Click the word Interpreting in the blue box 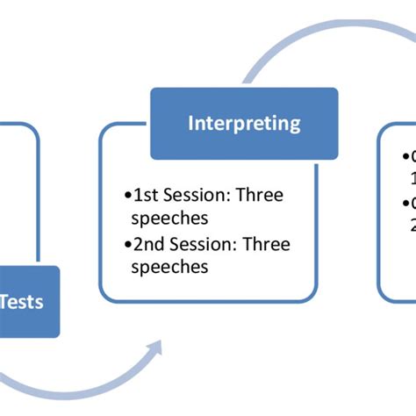point(244,123)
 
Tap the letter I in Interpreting point(191,123)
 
